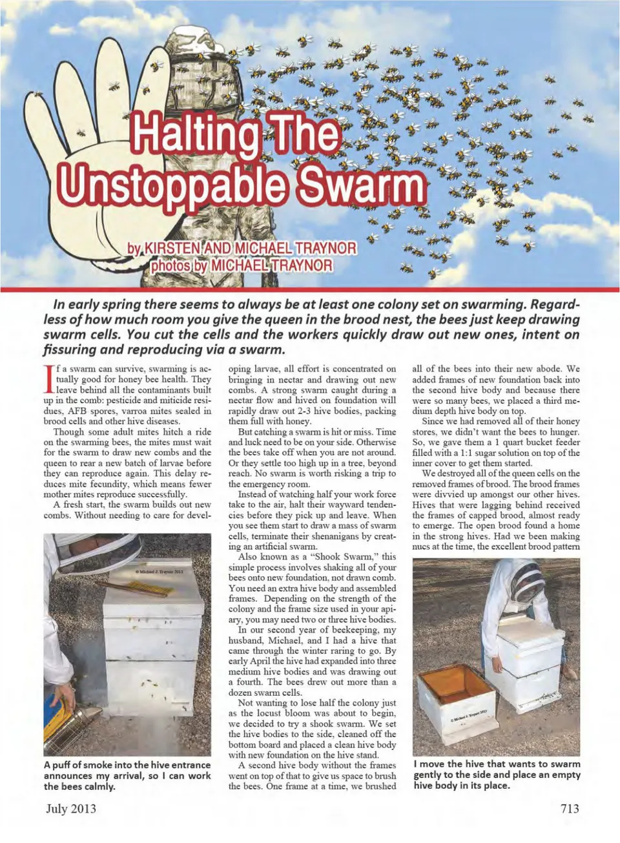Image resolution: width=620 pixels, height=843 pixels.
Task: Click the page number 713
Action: [570, 808]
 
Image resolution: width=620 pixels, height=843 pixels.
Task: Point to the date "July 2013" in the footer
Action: [70, 808]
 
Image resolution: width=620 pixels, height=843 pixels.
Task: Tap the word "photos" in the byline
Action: [172, 265]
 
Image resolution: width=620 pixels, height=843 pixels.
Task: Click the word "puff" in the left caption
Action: [63, 765]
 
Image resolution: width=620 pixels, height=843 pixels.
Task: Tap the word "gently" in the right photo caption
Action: [431, 775]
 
